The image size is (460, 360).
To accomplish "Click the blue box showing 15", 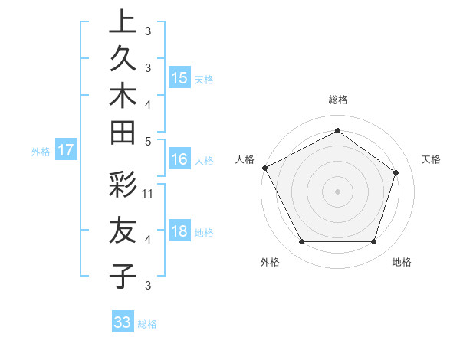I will pyautogui.click(x=179, y=77).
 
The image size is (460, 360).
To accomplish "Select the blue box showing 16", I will pyautogui.click(x=179, y=159).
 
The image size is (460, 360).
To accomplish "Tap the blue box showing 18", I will pyautogui.click(x=179, y=231).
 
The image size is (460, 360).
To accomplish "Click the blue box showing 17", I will pyautogui.click(x=66, y=150).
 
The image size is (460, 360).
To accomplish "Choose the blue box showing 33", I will pyautogui.click(x=123, y=322).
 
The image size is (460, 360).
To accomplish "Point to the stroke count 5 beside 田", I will pyautogui.click(x=148, y=141).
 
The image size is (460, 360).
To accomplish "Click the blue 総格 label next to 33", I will pyautogui.click(x=147, y=324).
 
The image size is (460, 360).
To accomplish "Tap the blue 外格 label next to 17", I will pyautogui.click(x=41, y=152).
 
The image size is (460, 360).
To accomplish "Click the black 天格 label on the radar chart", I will pyautogui.click(x=431, y=159).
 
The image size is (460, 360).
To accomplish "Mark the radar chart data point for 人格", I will pyautogui.click(x=264, y=168).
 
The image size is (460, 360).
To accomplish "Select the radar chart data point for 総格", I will pyautogui.click(x=337, y=130).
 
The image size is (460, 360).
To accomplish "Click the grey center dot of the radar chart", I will pyautogui.click(x=337, y=191).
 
